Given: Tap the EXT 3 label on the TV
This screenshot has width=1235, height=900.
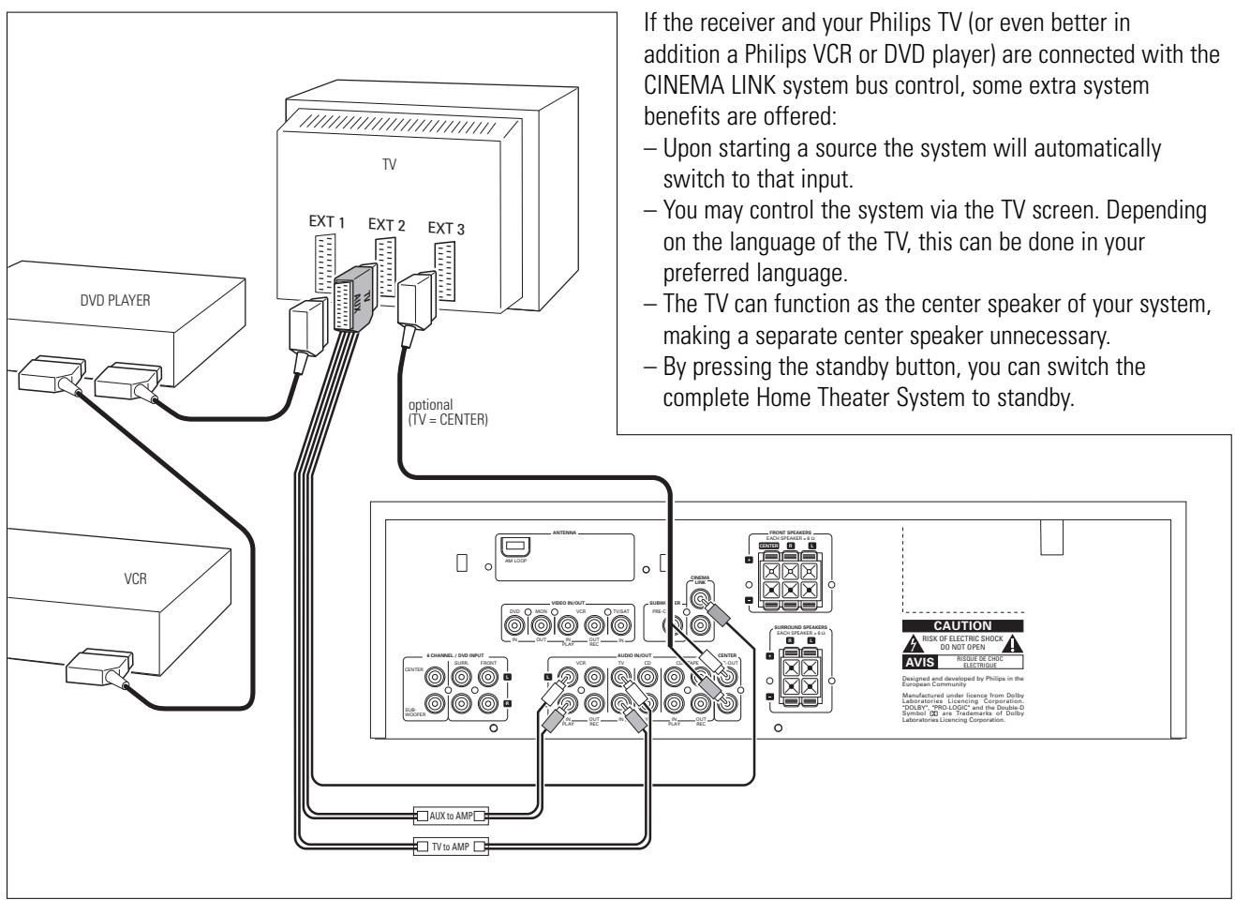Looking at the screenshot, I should click(448, 228).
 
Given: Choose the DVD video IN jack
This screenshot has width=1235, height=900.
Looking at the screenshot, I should click(514, 622).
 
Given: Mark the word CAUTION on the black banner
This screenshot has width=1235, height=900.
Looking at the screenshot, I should click(962, 625).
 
